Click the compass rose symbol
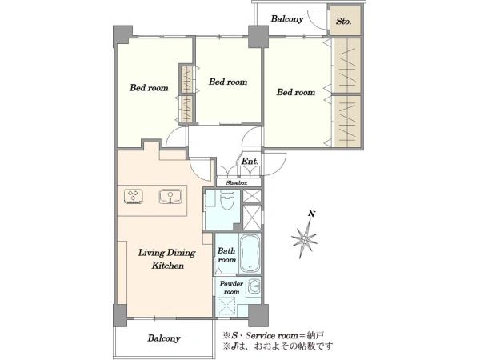(304, 238)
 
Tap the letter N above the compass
(311, 214)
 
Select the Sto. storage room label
(343, 21)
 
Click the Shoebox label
(237, 182)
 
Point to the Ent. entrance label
(250, 161)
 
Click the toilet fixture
(227, 199)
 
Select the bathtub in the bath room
(250, 254)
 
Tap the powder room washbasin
(254, 287)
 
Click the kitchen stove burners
(134, 196)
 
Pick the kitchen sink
(170, 197)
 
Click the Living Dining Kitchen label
(167, 259)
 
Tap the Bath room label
(226, 255)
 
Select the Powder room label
(231, 287)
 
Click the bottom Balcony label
(164, 338)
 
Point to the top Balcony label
(287, 18)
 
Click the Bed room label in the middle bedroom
(228, 82)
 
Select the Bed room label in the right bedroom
(296, 92)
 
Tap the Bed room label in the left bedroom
(149, 88)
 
